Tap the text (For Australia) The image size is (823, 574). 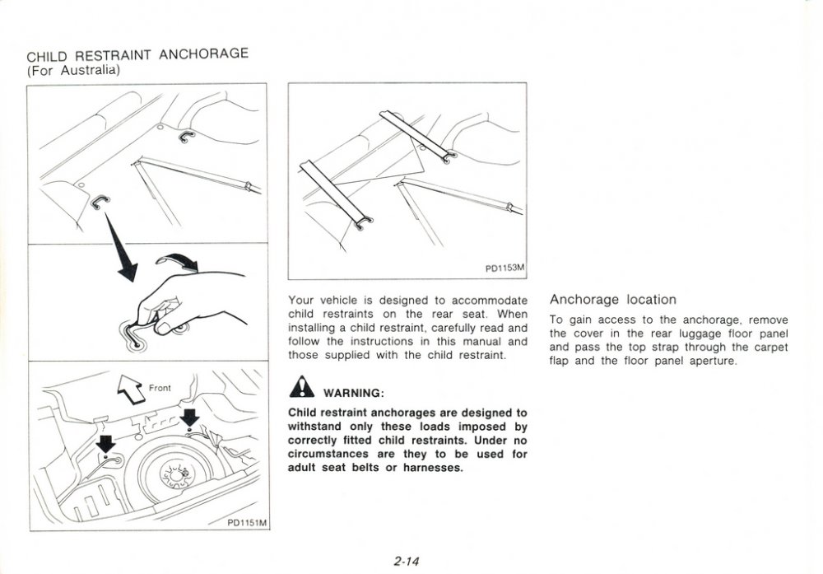pyautogui.click(x=74, y=70)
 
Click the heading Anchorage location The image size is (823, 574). pyautogui.click(x=612, y=300)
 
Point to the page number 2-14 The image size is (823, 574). pyautogui.click(x=407, y=562)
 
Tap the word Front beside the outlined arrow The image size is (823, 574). pyautogui.click(x=160, y=387)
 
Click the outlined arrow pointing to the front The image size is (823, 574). pyautogui.click(x=132, y=388)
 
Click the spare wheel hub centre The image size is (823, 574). pyautogui.click(x=176, y=472)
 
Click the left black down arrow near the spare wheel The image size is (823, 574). pyautogui.click(x=106, y=444)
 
